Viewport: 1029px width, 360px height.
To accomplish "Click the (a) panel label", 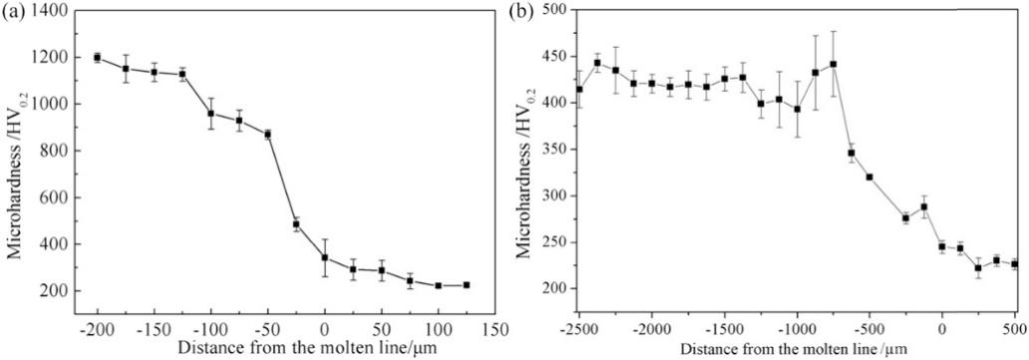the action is (x=13, y=11).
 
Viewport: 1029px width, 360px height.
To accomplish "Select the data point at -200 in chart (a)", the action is (x=97, y=58).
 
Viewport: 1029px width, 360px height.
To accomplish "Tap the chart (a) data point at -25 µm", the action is (x=296, y=224).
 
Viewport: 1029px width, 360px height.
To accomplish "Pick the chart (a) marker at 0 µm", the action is (x=324, y=257).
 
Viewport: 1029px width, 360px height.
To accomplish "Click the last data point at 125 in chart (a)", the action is (x=467, y=285).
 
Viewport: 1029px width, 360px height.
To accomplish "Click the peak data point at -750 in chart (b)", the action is (x=834, y=65).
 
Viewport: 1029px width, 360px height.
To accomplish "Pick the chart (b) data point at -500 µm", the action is (x=869, y=177).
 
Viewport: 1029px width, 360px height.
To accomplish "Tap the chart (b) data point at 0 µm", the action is (x=941, y=247).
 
